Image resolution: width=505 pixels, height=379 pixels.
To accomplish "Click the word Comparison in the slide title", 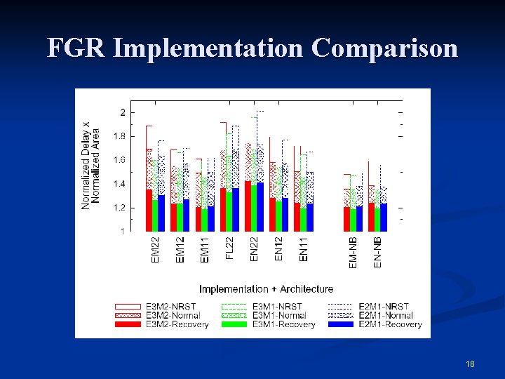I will coord(384,48).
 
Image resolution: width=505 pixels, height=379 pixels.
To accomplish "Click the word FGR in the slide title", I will coord(76,48).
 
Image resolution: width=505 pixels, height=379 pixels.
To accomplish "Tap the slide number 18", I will coord(470,364).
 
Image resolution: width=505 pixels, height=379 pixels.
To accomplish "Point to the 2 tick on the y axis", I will coord(123,112).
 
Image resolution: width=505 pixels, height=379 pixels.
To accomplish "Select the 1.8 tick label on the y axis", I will coord(120,136).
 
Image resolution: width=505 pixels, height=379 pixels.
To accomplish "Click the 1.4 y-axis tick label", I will coord(120,184).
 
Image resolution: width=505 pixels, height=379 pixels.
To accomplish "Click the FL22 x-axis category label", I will coord(229,248).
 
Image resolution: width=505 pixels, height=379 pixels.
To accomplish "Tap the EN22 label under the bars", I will coord(254,249).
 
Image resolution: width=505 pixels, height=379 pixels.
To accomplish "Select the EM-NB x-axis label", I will coord(353,251).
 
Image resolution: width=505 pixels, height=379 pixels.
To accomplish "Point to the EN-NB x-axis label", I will coord(377,251).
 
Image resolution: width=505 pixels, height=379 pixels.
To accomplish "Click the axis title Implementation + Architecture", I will coord(266,289).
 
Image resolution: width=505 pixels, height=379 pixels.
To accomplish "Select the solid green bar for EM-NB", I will coord(353,220).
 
